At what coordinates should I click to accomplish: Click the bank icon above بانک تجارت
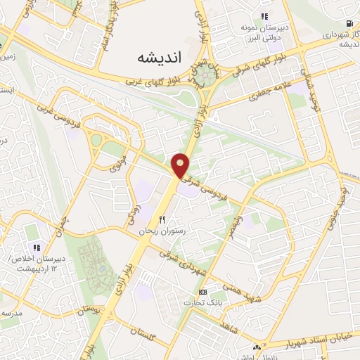[x=203, y=292]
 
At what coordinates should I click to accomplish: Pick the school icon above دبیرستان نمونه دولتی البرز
[x=264, y=15]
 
